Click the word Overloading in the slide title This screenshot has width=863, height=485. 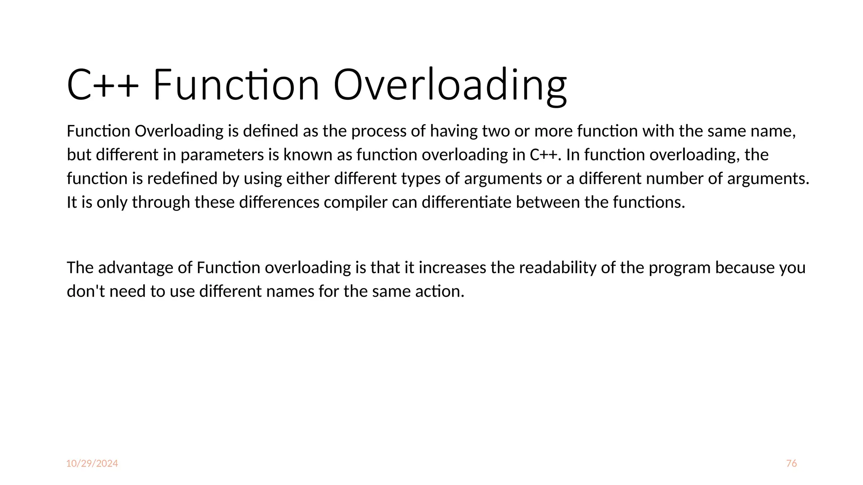[450, 86]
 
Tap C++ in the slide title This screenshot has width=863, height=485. [102, 86]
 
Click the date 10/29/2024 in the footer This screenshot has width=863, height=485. [92, 464]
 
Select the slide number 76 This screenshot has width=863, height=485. [791, 464]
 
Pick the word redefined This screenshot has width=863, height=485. [182, 179]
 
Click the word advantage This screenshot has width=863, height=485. [135, 268]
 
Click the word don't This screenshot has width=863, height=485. [86, 291]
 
